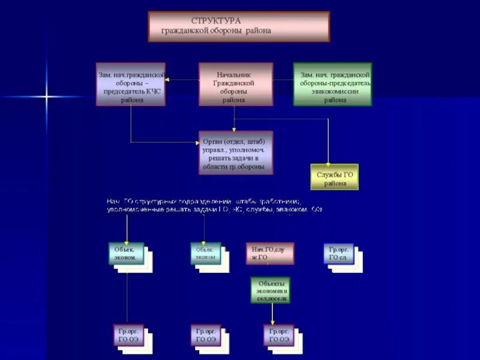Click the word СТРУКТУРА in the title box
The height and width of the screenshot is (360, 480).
pyautogui.click(x=216, y=21)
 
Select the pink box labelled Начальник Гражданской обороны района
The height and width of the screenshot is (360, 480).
pyautogui.click(x=235, y=84)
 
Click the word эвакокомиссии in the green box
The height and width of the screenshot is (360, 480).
pyautogui.click(x=332, y=92)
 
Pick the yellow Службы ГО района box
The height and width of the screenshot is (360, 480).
pyautogui.click(x=334, y=177)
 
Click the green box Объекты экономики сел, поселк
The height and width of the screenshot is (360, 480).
pyautogui.click(x=270, y=290)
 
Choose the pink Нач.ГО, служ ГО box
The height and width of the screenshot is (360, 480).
pyautogui.click(x=269, y=253)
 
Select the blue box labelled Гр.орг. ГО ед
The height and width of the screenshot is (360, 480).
pyautogui.click(x=338, y=253)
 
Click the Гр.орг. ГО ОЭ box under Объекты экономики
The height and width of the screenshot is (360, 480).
pyautogui.click(x=278, y=335)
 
